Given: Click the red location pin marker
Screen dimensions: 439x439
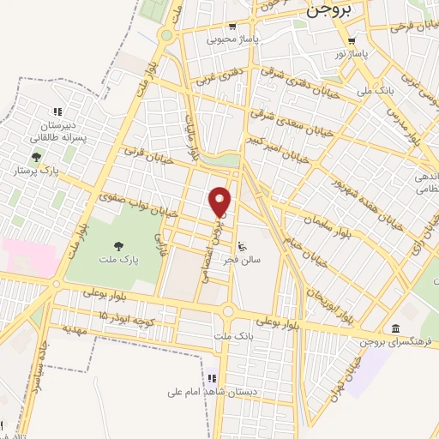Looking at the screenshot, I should pos(219,201).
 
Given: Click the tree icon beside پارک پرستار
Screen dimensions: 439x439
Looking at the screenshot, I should pos(35,157).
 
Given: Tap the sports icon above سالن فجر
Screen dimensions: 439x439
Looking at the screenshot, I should pos(242,243).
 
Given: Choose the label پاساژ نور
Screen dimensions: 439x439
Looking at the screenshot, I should pos(352,54).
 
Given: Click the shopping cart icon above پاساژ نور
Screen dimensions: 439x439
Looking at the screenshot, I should pos(352,40).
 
